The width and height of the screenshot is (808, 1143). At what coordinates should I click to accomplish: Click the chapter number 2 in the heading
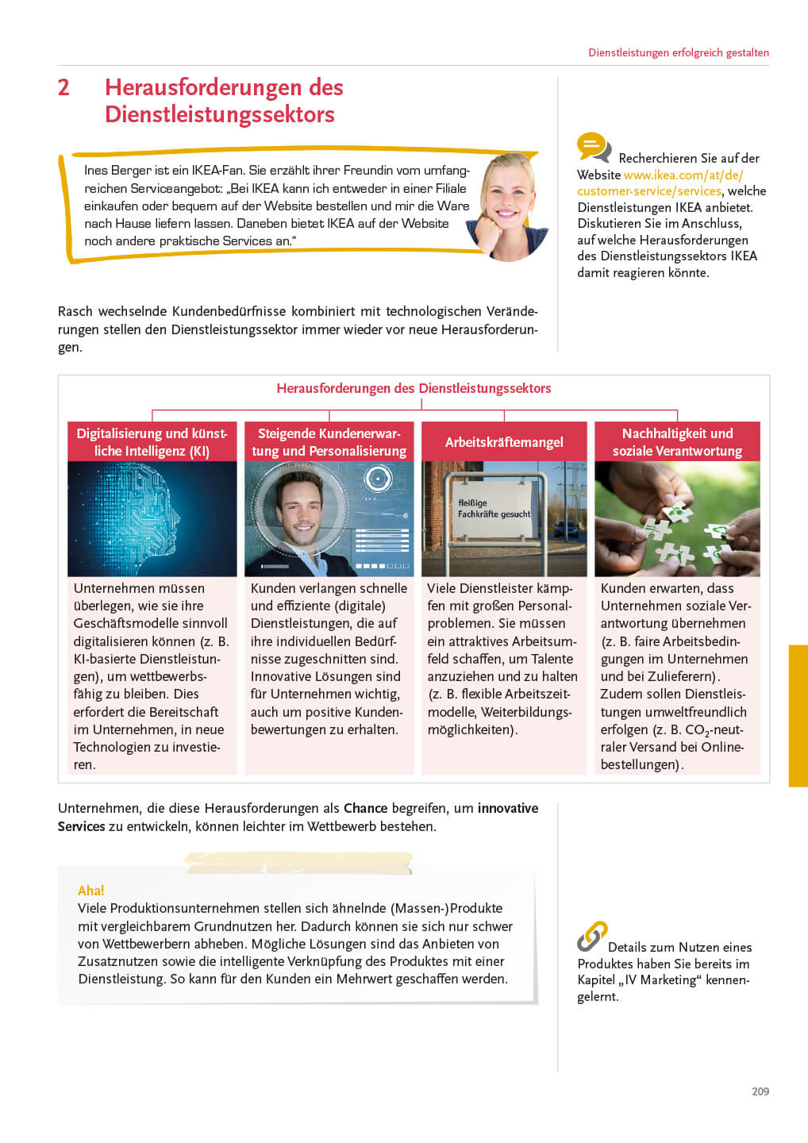click(x=63, y=87)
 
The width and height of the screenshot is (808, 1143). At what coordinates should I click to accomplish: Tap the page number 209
click(x=760, y=1091)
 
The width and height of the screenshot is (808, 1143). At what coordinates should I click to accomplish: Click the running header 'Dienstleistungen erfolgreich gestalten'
click(x=678, y=52)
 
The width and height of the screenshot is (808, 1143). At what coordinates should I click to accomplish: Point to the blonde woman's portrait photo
click(x=508, y=206)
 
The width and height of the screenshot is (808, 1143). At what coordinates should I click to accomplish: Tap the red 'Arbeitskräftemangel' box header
click(x=504, y=442)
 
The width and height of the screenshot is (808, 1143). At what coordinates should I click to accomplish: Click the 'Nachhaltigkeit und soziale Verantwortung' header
click(x=677, y=442)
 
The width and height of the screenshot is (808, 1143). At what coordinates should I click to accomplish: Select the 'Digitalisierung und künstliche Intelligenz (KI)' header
click(x=152, y=442)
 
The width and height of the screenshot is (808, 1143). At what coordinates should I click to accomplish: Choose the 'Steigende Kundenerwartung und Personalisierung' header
click(x=329, y=442)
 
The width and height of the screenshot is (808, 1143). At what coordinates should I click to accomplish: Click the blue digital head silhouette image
click(x=152, y=518)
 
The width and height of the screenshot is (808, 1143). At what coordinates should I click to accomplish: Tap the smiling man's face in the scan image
click(x=301, y=508)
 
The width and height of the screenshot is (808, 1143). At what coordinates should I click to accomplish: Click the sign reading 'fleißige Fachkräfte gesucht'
click(x=494, y=509)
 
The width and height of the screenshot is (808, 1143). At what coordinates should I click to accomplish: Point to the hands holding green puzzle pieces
click(x=677, y=518)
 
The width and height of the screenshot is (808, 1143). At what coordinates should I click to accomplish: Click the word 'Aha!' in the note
click(x=90, y=891)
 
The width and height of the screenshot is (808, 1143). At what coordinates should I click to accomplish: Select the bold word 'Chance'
click(x=365, y=808)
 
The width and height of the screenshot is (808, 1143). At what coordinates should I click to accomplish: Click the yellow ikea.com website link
click(x=683, y=175)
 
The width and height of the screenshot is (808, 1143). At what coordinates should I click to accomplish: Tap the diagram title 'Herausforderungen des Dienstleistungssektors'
click(x=414, y=388)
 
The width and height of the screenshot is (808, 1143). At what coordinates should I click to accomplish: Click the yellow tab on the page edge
click(x=798, y=715)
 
